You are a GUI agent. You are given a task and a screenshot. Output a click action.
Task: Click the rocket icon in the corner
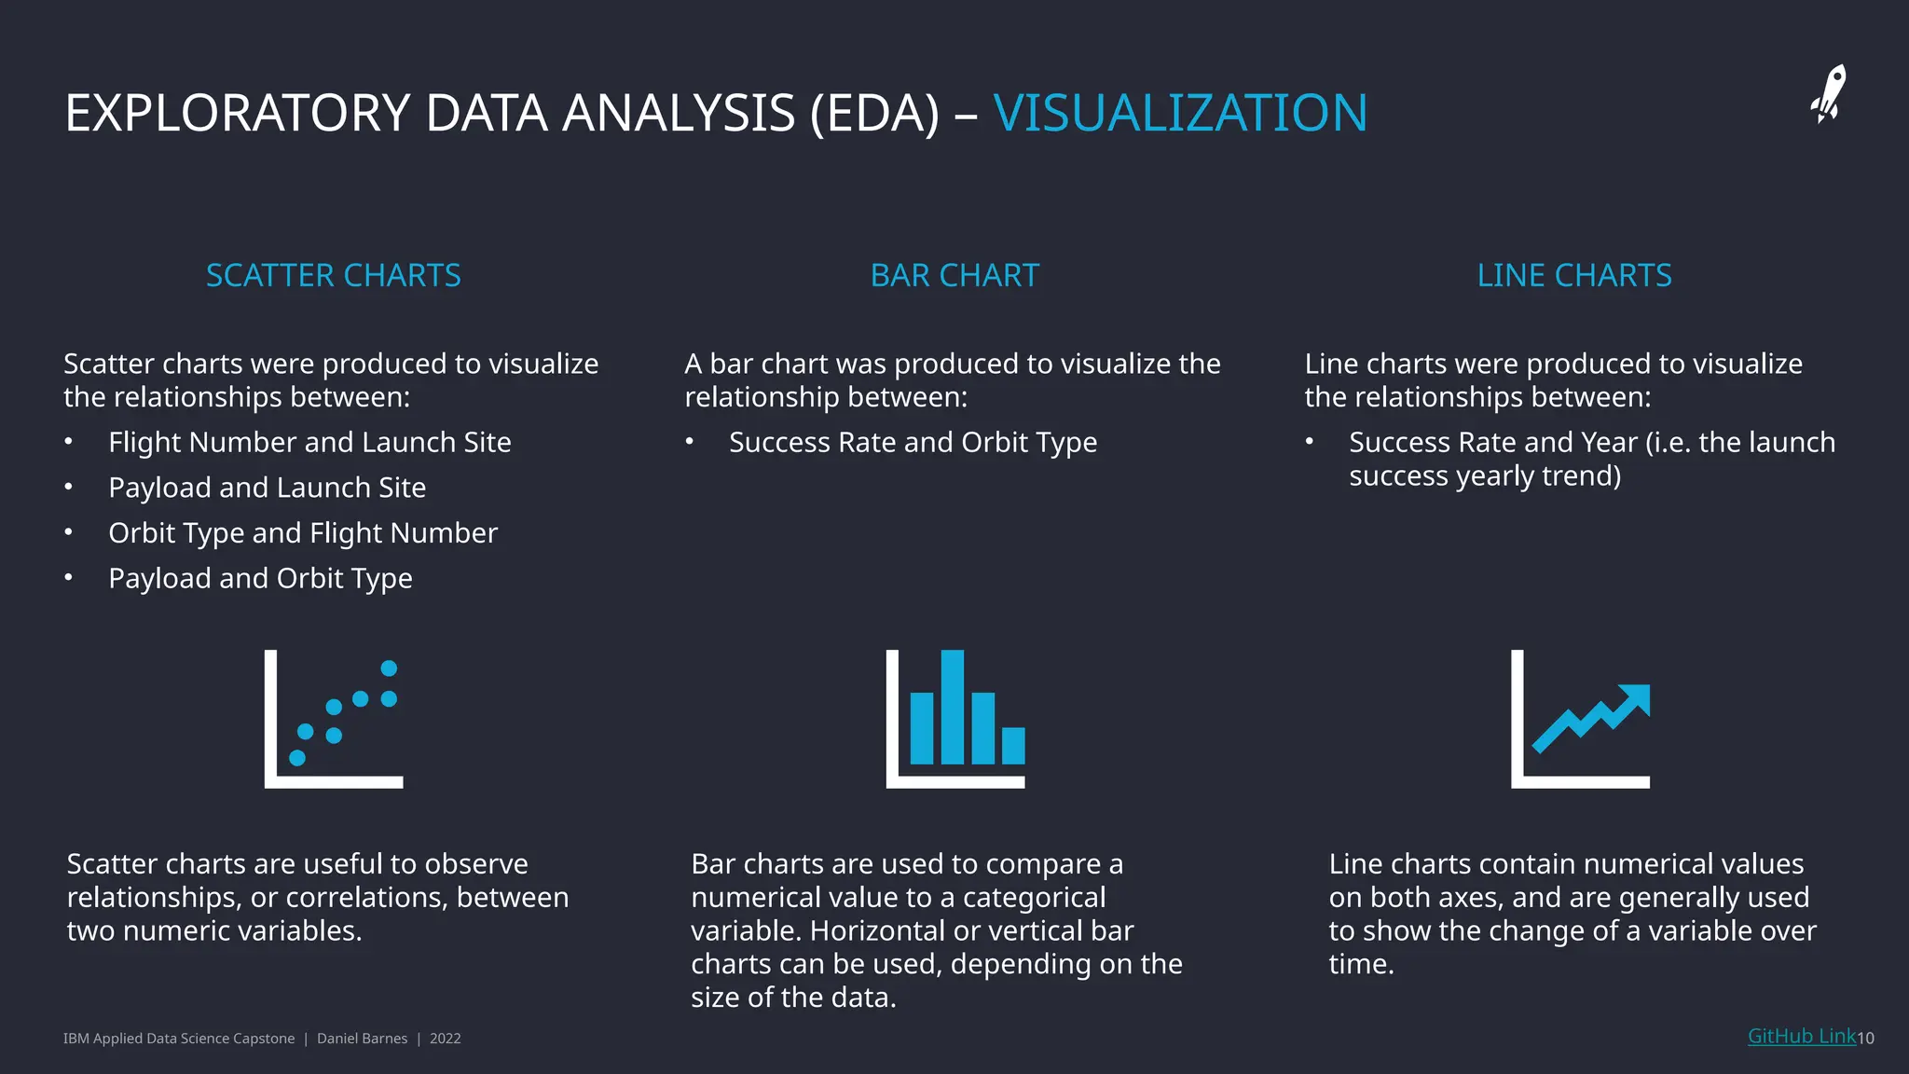[x=1829, y=94]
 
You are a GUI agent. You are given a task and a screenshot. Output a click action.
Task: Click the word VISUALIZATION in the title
[x=1180, y=113]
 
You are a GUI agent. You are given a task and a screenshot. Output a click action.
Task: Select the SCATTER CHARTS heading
[x=333, y=276]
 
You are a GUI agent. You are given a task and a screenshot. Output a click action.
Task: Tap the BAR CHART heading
[x=954, y=276]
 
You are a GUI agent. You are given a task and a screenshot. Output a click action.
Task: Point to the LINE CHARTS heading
[x=1574, y=276]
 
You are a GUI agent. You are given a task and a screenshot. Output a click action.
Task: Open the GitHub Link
[x=1801, y=1037]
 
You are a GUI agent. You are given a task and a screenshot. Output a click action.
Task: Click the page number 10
[x=1866, y=1039]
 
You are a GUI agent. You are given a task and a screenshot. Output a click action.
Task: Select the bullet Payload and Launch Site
[x=267, y=488]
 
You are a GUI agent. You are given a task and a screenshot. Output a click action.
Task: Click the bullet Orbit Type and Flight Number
[x=303, y=533]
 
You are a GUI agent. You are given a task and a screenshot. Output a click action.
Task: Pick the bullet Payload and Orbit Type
[x=260, y=579]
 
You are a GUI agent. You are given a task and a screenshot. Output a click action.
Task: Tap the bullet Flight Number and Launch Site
[x=309, y=443]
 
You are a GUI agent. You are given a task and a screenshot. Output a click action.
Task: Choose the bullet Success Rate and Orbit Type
[x=913, y=443]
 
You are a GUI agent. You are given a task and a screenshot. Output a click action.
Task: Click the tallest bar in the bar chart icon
[x=953, y=707]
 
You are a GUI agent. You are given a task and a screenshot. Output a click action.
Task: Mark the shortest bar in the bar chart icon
[x=1013, y=745]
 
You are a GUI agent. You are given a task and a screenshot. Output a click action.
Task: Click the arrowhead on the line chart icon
[x=1637, y=698]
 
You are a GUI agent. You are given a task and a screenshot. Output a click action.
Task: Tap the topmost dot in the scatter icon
[x=390, y=668]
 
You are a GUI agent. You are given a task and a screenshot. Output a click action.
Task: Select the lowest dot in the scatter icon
[x=297, y=758]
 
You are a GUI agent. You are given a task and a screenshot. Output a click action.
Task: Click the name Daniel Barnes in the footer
[x=362, y=1039]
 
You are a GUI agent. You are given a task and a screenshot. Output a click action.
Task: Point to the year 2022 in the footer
[x=446, y=1039]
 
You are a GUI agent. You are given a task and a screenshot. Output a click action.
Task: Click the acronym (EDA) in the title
[x=875, y=113]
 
